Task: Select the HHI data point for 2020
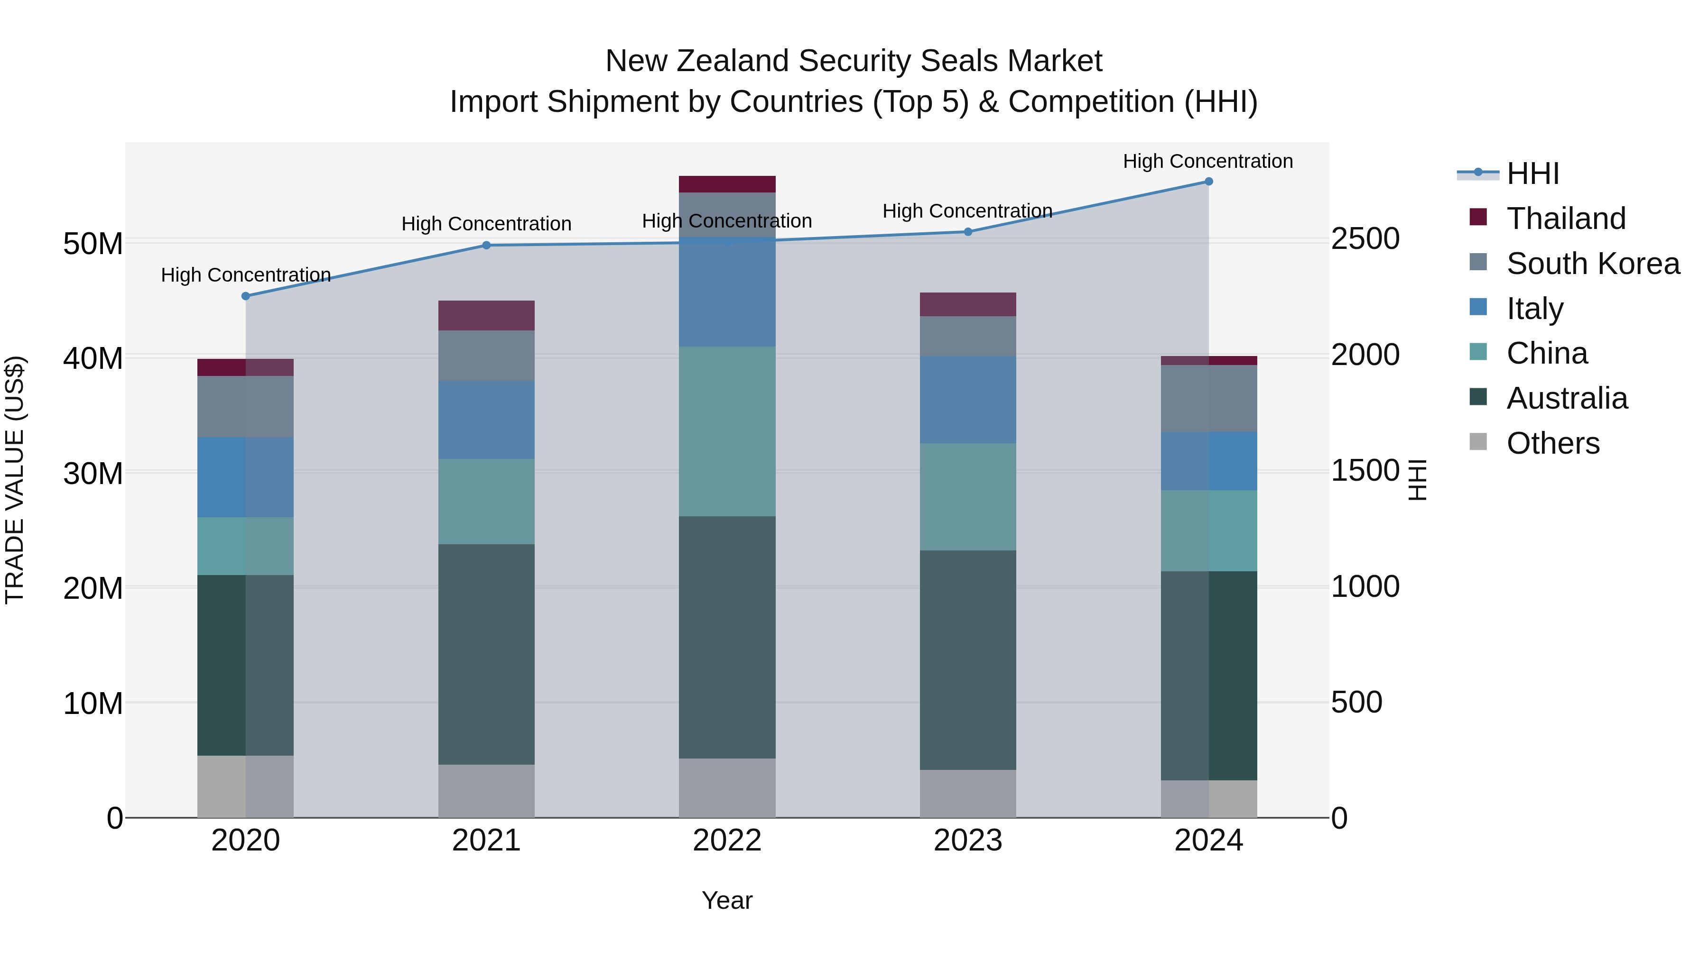[x=245, y=296]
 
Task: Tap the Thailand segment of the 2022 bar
[x=727, y=184]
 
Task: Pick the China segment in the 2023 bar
[x=967, y=496]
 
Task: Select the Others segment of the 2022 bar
[x=727, y=788]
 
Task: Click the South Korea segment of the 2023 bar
[x=967, y=336]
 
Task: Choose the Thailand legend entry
[x=1566, y=219]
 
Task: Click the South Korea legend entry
[x=1593, y=264]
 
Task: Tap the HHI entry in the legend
[x=1532, y=174]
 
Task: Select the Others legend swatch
[x=1478, y=442]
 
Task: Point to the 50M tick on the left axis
[x=93, y=244]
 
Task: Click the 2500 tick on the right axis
[x=1365, y=239]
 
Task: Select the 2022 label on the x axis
[x=727, y=841]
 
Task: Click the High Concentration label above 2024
[x=1207, y=161]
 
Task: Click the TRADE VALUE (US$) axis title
[x=15, y=480]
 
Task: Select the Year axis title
[x=727, y=900]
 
